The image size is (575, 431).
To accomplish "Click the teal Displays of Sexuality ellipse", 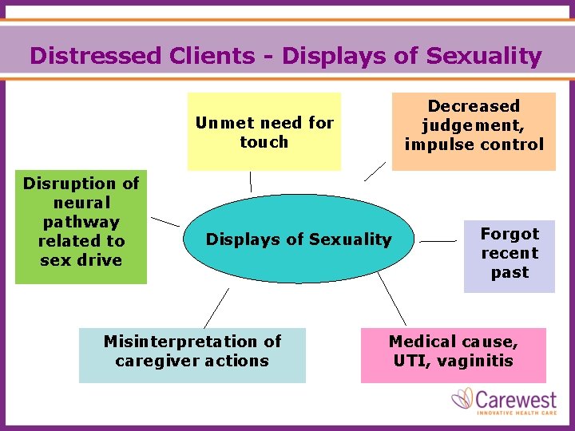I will [x=299, y=239].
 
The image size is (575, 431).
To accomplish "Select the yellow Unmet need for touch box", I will [x=264, y=132].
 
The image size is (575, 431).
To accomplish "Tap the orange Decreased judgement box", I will [x=474, y=125].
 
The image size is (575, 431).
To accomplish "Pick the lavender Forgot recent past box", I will [x=510, y=253].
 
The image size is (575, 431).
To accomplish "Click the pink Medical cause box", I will [x=453, y=351].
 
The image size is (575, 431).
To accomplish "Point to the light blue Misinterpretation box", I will [x=192, y=351].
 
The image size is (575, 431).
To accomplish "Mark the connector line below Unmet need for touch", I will [x=250, y=182].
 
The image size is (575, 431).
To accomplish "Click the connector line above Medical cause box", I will [x=392, y=299].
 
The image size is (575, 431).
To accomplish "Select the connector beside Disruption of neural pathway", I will [x=165, y=220].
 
